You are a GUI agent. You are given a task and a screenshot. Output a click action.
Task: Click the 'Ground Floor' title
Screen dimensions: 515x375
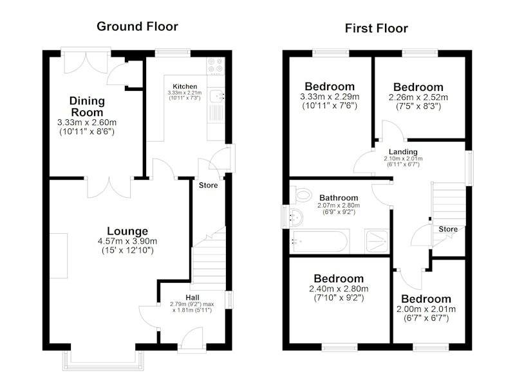click(x=137, y=26)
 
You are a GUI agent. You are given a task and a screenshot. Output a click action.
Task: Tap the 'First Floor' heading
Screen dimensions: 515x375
click(x=377, y=28)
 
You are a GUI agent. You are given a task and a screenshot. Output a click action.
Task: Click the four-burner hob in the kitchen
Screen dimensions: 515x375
click(x=216, y=66)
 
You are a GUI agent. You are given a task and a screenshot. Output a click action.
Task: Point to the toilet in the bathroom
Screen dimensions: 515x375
click(x=301, y=195)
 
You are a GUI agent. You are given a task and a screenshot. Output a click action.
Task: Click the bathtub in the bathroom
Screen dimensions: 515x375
click(x=320, y=242)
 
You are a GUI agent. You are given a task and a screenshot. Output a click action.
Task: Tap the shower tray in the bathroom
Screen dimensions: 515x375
click(x=377, y=241)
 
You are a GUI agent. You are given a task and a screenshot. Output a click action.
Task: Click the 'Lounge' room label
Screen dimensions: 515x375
click(x=127, y=231)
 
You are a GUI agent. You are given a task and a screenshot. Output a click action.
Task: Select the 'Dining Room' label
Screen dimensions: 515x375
click(x=87, y=106)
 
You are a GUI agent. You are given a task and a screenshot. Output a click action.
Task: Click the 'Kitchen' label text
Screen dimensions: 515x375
click(x=185, y=86)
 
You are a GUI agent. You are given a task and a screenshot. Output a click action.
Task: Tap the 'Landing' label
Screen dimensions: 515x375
click(x=403, y=151)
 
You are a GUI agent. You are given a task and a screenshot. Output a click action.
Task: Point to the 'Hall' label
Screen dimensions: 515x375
click(x=192, y=298)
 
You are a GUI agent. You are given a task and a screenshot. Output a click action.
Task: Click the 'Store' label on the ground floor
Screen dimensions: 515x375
click(x=208, y=186)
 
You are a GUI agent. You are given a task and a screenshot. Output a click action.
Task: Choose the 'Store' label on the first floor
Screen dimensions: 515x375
click(x=448, y=229)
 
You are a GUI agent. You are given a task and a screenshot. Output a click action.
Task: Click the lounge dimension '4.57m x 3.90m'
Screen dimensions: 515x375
click(x=127, y=241)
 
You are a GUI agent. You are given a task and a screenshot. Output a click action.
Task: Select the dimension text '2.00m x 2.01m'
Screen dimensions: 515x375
click(x=426, y=309)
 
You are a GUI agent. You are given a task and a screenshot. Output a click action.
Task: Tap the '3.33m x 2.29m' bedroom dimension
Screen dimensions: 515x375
click(x=330, y=97)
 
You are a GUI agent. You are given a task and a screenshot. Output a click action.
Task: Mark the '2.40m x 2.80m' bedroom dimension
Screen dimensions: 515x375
click(x=339, y=289)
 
